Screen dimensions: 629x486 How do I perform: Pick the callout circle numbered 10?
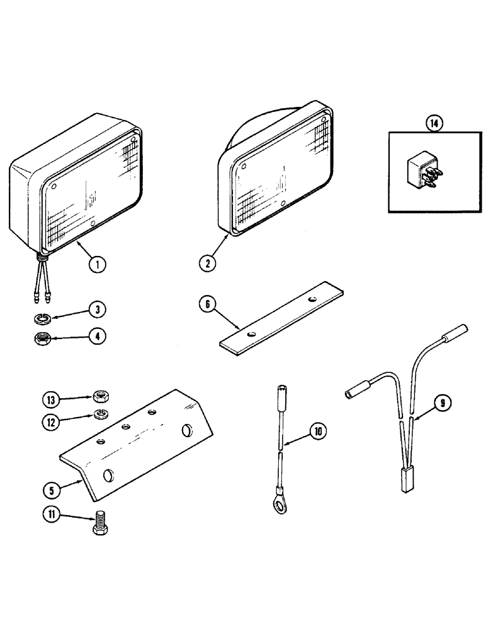[x=318, y=431]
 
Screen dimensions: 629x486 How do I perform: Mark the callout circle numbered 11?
[x=50, y=516]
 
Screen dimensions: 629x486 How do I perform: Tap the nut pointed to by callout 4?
[x=42, y=340]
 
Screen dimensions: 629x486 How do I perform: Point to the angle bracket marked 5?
[x=138, y=447]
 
